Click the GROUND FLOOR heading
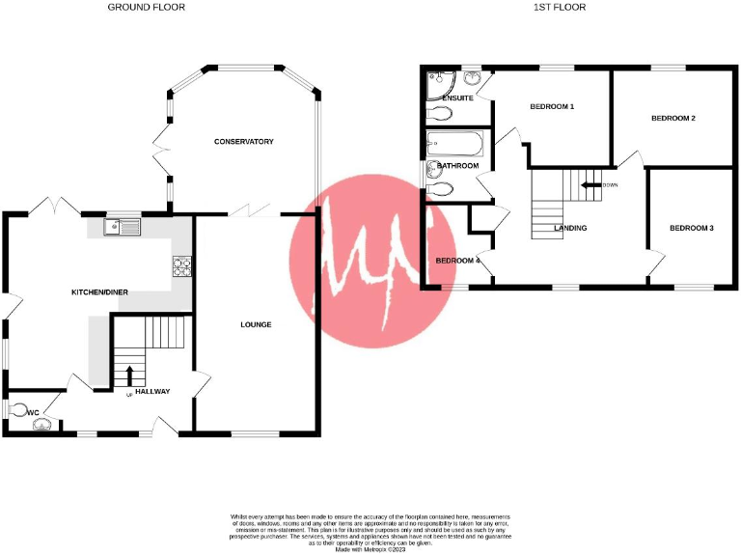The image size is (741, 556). pos(147,7)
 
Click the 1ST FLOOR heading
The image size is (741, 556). pos(560,7)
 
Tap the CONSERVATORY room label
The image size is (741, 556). pos(244,142)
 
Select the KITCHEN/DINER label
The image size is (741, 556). pos(100,292)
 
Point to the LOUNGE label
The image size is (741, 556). pos(256,324)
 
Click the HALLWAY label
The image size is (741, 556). pos(152,391)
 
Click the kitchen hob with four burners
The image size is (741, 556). pos(181,266)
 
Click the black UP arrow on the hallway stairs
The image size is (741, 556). pos(129,375)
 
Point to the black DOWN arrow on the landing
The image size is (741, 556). pos(590,184)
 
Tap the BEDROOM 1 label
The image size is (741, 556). pos(553,106)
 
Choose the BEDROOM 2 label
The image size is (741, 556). pos(673,118)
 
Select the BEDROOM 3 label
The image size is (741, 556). pos(692,228)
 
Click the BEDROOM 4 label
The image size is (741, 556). pos(457,261)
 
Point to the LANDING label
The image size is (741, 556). pos(571,228)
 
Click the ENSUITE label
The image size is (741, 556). pos(457,98)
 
